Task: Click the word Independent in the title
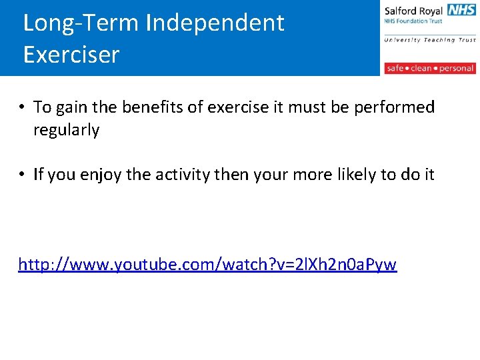coord(215,23)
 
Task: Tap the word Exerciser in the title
coord(71,55)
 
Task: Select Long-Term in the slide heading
coord(81,23)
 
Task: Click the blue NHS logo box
coord(461,10)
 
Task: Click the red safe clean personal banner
coord(430,68)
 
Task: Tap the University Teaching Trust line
coord(430,40)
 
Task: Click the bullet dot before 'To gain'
coord(22,107)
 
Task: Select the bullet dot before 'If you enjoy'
coord(22,175)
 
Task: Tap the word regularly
coord(67,130)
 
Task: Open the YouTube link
coord(207,265)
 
